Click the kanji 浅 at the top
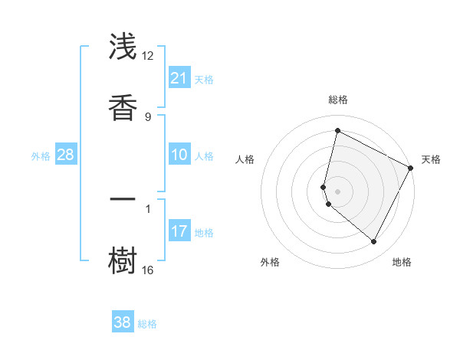(123, 47)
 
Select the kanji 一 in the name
(123, 201)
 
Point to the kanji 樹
(123, 258)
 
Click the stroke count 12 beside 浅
(147, 56)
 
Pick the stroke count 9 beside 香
(147, 116)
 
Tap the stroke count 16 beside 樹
(147, 270)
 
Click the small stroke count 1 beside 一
(147, 208)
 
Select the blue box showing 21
(179, 78)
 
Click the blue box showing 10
(179, 155)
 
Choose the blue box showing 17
(179, 231)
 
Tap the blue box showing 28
(66, 155)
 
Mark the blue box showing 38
(123, 322)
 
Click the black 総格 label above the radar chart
(337, 100)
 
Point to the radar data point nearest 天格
(411, 168)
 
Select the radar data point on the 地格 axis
(374, 242)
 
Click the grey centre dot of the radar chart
(337, 191)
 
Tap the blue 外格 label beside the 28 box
(41, 156)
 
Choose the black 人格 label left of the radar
(245, 159)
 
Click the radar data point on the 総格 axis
(337, 130)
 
